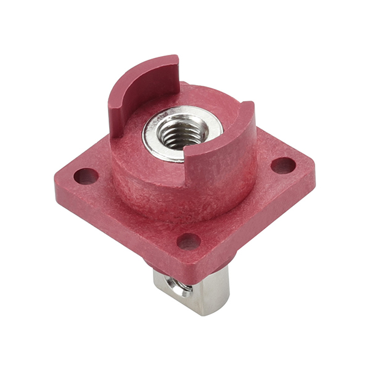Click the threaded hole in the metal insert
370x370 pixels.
click(183, 131)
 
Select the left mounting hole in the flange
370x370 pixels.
click(85, 176)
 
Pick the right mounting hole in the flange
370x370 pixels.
click(283, 165)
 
